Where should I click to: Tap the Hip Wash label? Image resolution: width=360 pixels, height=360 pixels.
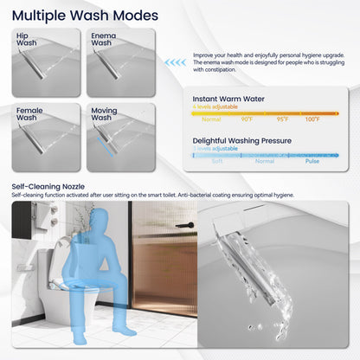(x=27, y=39)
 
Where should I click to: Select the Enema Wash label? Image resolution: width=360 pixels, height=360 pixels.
(x=102, y=39)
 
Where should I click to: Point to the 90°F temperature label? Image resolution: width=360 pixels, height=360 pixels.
(x=247, y=119)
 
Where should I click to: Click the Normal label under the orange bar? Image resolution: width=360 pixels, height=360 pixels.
(x=211, y=119)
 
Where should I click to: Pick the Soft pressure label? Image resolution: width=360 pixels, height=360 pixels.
(x=217, y=161)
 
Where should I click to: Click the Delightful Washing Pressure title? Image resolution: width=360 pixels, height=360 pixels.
(x=247, y=140)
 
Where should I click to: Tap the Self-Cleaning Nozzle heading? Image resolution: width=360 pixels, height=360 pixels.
(x=48, y=186)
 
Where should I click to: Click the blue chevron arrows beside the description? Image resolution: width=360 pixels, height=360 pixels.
(x=177, y=62)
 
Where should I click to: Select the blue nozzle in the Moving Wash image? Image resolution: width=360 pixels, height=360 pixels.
(x=106, y=138)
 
